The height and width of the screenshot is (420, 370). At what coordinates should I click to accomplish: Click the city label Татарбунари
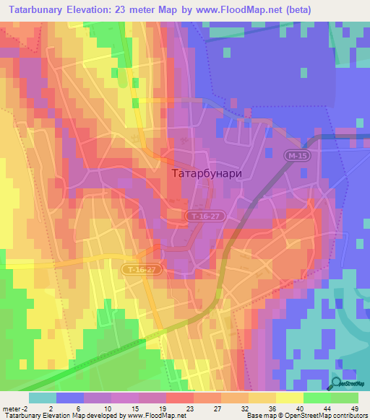[x=207, y=173]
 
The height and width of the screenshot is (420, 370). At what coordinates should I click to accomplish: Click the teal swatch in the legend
[x=42, y=398]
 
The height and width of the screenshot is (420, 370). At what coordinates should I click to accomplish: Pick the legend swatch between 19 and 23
[x=179, y=398]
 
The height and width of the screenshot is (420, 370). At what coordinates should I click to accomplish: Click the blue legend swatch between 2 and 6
[x=69, y=398]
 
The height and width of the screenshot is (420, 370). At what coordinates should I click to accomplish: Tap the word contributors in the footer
[x=348, y=416]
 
